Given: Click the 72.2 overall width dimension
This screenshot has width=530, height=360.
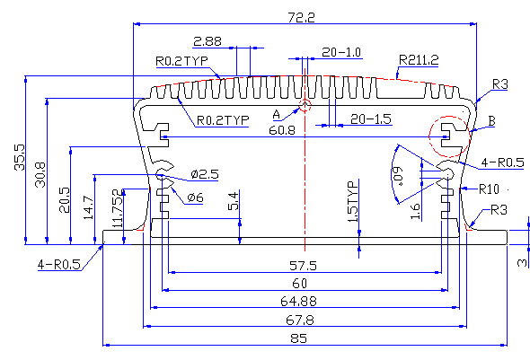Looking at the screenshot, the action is click(301, 17).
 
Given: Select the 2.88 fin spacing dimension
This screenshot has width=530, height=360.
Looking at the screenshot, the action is click(208, 41).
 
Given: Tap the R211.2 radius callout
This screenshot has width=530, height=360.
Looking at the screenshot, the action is click(419, 60).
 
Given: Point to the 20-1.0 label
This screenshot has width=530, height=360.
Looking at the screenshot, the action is click(341, 52).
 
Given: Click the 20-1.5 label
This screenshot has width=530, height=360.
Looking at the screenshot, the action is click(371, 119).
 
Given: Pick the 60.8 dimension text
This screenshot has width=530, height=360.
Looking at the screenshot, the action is click(282, 130).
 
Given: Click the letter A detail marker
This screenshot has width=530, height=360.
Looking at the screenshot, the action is click(277, 115).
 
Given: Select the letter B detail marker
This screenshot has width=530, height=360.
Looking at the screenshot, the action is click(491, 121).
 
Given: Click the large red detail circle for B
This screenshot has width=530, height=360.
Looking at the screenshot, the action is click(470, 136).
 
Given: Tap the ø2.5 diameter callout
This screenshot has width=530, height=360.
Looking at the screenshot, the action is click(205, 174).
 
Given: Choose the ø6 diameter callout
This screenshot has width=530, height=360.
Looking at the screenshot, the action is click(195, 198).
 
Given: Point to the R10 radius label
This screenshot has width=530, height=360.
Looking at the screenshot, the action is click(489, 189).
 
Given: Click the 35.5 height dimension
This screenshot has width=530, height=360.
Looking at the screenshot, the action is click(20, 157).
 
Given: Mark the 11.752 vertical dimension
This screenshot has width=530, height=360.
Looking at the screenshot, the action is click(118, 208).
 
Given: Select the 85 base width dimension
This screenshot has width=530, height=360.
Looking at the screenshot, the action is click(299, 338).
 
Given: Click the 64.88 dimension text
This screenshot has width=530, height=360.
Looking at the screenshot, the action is click(299, 301).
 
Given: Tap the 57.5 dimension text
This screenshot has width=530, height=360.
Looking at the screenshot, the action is click(304, 266).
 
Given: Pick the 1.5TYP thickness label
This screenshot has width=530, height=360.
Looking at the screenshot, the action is click(352, 202).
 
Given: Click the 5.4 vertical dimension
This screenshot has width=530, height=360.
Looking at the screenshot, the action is click(234, 201).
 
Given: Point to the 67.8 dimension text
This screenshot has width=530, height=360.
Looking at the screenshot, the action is click(300, 320).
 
